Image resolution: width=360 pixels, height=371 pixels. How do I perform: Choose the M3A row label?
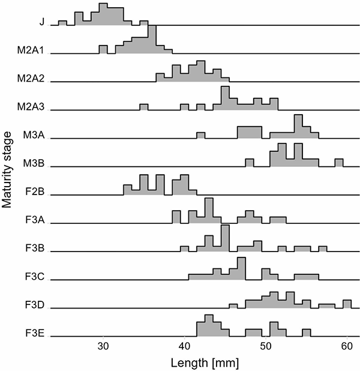[36, 136]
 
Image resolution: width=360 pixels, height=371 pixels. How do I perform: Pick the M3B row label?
[36, 164]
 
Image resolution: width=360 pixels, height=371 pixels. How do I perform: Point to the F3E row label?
[37, 333]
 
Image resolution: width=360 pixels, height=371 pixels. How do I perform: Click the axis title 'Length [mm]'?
[204, 363]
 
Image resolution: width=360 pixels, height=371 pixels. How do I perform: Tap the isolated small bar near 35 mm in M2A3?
[143, 107]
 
